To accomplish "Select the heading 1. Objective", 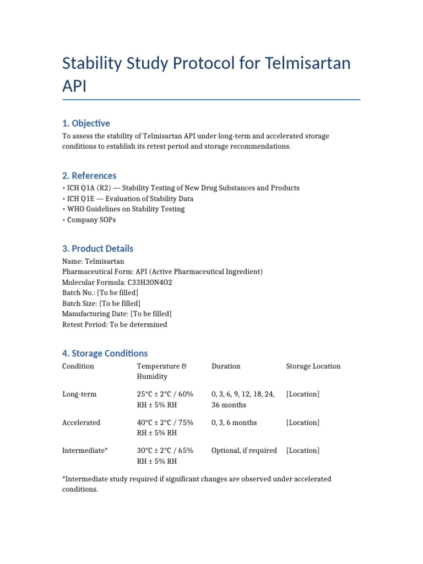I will coord(86,123).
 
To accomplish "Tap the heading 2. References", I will coord(89,176).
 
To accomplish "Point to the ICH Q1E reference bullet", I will coord(128,198).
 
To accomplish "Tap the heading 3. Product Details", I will coord(97,248).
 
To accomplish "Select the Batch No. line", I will coord(100,292).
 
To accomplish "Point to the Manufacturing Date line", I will coord(117,313).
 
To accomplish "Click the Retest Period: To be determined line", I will coord(115,324).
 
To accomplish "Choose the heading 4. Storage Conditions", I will coord(105,353).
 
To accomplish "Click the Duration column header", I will coord(226,366).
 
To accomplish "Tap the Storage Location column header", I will coord(313,366).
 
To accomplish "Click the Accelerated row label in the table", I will coord(82,422).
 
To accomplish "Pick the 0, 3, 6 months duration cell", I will coord(234,422).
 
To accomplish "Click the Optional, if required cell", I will coord(244,451).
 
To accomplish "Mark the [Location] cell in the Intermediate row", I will coord(302,451).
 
